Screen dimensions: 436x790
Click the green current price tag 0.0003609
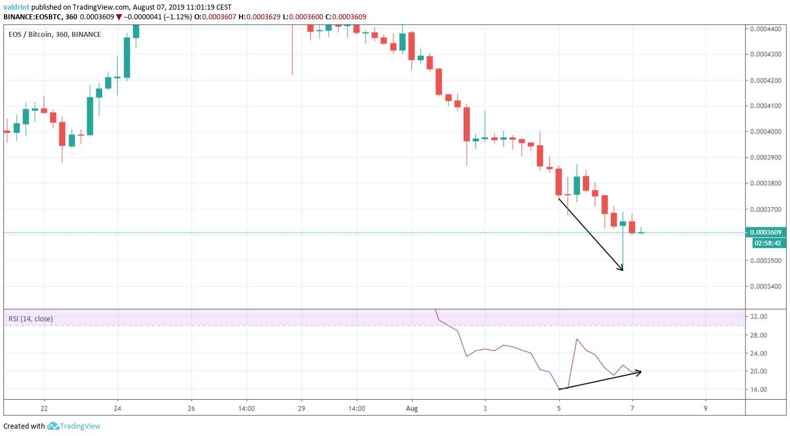[x=766, y=232]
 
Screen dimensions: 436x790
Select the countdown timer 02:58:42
[x=766, y=243]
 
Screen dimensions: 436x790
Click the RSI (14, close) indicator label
[x=31, y=319]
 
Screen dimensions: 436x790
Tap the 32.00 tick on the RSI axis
[x=759, y=317]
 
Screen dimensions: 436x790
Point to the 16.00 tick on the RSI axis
[x=759, y=390]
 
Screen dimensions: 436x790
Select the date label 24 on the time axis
[x=117, y=408]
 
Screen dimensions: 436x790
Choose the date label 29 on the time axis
[x=301, y=408]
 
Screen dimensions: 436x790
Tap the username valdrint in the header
[x=15, y=7]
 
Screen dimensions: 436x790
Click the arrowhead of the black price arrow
[x=622, y=269]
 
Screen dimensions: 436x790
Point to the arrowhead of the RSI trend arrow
[x=640, y=372]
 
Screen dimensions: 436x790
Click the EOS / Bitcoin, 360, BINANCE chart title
[x=55, y=35]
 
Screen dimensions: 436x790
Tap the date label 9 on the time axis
[x=705, y=408]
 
